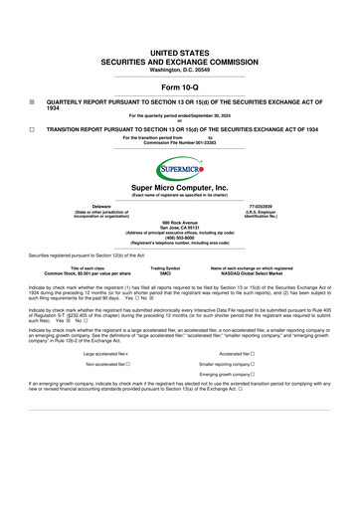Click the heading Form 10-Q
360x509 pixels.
[179, 87]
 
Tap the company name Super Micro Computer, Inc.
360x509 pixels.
[179, 187]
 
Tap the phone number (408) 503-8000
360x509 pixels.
[179, 238]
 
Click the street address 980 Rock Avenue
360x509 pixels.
[179, 222]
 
